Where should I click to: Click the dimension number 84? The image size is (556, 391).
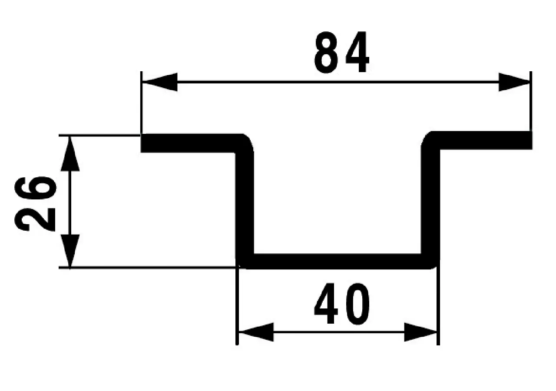342,52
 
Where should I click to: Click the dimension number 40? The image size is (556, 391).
342,303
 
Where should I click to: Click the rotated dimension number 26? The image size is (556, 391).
35,204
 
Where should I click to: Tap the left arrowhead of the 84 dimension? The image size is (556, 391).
159,82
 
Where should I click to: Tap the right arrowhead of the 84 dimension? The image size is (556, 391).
514,82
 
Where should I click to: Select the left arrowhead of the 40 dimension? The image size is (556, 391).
256,332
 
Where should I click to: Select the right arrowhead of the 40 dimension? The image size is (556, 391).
420,332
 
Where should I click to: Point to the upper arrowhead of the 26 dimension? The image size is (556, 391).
70,154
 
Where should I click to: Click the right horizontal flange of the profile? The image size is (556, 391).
484,140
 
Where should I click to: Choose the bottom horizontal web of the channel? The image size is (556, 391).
338,262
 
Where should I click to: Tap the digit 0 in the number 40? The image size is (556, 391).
357,304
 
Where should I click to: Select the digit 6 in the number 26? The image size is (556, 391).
35,189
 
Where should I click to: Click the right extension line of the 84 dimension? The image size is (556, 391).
531,101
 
